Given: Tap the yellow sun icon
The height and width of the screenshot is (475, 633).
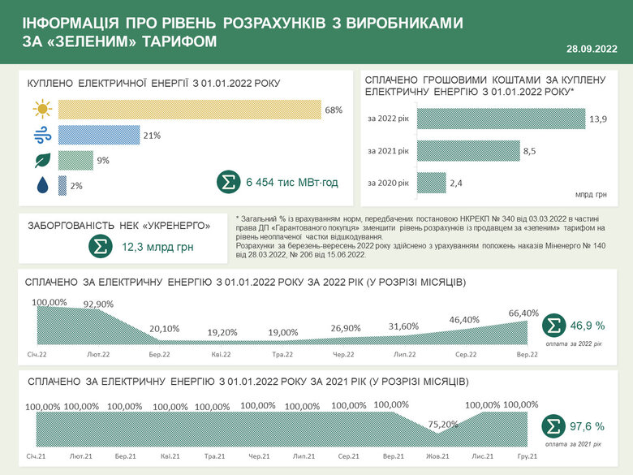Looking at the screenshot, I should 42,109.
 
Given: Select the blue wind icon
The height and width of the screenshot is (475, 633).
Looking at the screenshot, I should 42,135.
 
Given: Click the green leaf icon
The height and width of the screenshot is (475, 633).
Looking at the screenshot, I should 42,161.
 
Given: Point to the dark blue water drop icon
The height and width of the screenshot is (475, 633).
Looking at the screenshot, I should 42,186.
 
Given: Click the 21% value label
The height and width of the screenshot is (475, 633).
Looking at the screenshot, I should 152,135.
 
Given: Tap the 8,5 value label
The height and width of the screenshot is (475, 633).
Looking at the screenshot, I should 529,151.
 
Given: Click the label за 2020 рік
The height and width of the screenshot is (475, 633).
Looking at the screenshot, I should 388,184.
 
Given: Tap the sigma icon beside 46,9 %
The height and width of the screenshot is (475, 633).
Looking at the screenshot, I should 553,326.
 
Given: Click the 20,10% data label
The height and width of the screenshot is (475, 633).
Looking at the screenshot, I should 165,329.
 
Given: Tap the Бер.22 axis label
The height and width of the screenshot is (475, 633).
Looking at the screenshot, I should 160,355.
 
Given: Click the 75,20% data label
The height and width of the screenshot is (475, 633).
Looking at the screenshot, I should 442,424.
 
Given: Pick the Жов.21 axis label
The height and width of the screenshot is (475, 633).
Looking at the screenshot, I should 437,457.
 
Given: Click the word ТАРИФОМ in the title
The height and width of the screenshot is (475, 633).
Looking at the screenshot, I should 172,40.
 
